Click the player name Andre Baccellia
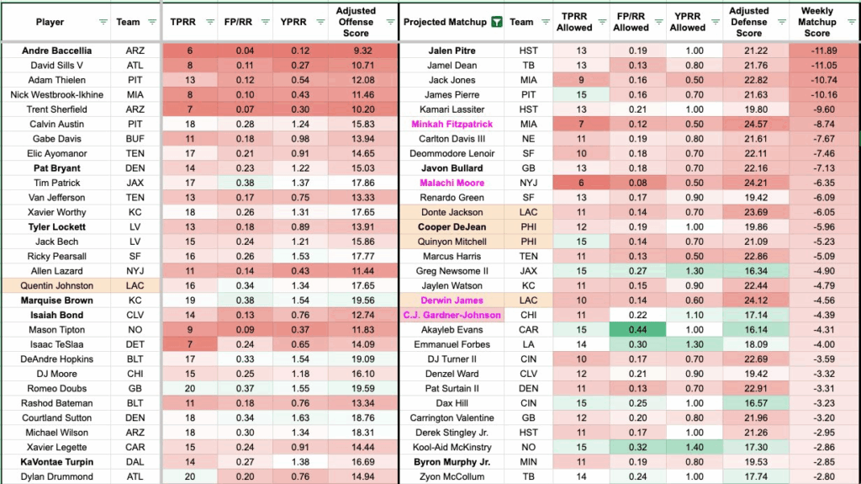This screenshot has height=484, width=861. tap(56, 51)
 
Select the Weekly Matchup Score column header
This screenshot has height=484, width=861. tap(816, 22)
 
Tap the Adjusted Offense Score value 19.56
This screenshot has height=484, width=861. tap(356, 301)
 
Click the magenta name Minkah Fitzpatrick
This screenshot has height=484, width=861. tap(452, 124)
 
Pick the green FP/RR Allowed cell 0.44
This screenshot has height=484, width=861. tap(631, 330)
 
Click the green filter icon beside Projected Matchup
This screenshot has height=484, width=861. tap(496, 22)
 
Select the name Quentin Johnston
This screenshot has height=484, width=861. tap(56, 285)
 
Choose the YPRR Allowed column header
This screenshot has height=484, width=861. tap(687, 22)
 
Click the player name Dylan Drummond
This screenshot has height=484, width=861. tap(56, 476)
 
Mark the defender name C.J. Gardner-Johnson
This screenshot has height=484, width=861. tap(452, 315)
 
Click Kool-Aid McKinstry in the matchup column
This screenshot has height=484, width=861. tap(452, 447)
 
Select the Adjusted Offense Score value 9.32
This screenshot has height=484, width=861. tap(356, 51)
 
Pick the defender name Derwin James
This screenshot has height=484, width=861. tap(452, 301)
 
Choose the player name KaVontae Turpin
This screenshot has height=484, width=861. tap(56, 462)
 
